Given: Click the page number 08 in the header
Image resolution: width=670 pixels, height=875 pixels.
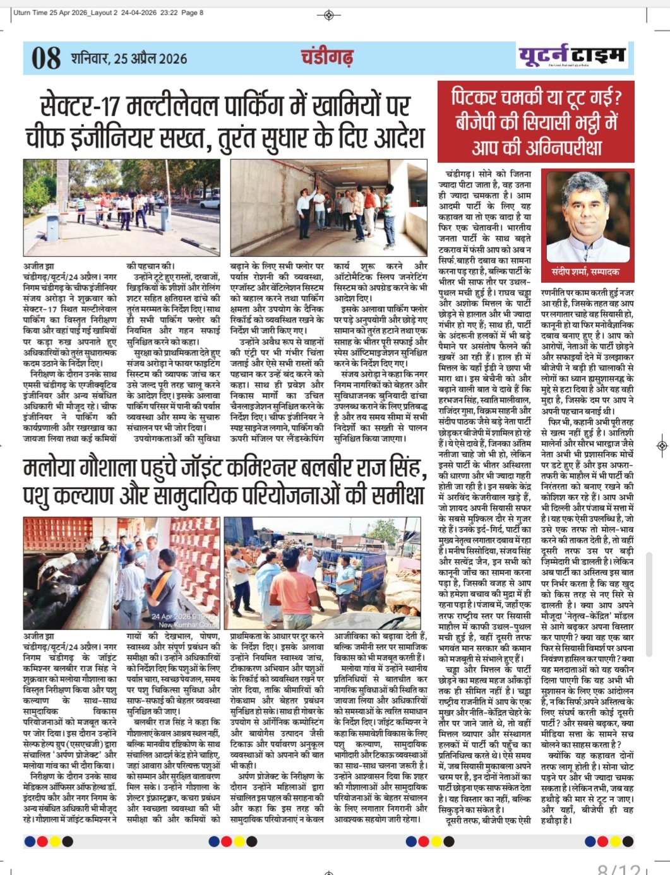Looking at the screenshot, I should (x=45, y=58).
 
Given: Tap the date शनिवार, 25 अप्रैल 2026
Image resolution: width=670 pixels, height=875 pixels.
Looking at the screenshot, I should (x=129, y=59).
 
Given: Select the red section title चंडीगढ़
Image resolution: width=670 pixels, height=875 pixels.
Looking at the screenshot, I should (x=326, y=57).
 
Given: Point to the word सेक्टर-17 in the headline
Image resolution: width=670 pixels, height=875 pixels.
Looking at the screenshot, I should (x=75, y=106).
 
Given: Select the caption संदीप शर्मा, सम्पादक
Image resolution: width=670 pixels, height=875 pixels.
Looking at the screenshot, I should (x=585, y=271).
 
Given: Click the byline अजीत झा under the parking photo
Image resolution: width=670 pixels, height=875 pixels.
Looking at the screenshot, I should (x=39, y=267).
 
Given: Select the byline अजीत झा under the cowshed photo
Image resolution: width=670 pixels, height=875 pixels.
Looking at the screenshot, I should (x=39, y=636).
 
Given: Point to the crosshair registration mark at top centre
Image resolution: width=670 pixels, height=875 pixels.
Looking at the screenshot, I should (x=328, y=15).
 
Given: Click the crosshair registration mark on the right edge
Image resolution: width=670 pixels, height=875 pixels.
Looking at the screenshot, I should (x=661, y=446).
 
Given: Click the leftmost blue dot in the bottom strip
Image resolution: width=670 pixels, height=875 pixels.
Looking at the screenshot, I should (x=30, y=842).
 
